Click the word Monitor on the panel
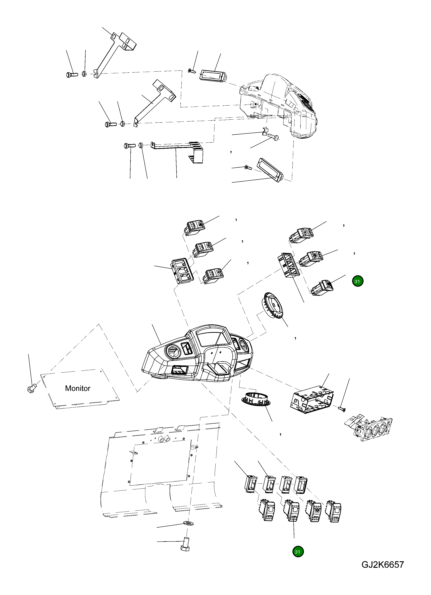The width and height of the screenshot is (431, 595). [x=78, y=388]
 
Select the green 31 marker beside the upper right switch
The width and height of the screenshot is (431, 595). [x=357, y=281]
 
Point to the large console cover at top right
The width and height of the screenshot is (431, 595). [x=283, y=105]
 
